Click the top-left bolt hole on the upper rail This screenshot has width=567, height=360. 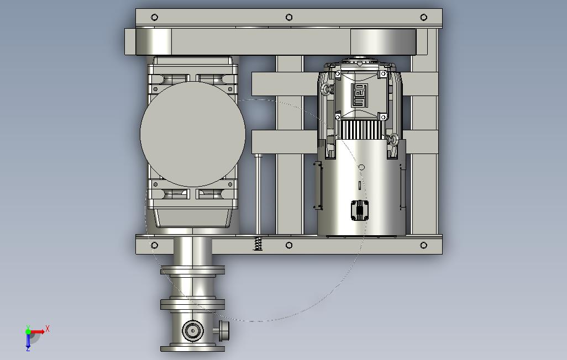tap(154, 17)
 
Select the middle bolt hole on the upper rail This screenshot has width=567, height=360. tap(289, 17)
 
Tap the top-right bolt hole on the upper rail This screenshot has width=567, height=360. tap(423, 17)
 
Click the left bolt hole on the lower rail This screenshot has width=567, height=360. tap(154, 245)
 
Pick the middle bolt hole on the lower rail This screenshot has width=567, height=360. tap(289, 245)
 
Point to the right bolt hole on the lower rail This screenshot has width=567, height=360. tap(423, 245)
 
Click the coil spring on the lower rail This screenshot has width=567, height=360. tap(258, 243)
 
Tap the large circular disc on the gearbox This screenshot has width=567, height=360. tap(193, 134)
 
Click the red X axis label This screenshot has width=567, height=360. tap(48, 329)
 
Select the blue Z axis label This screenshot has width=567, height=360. tap(28, 349)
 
